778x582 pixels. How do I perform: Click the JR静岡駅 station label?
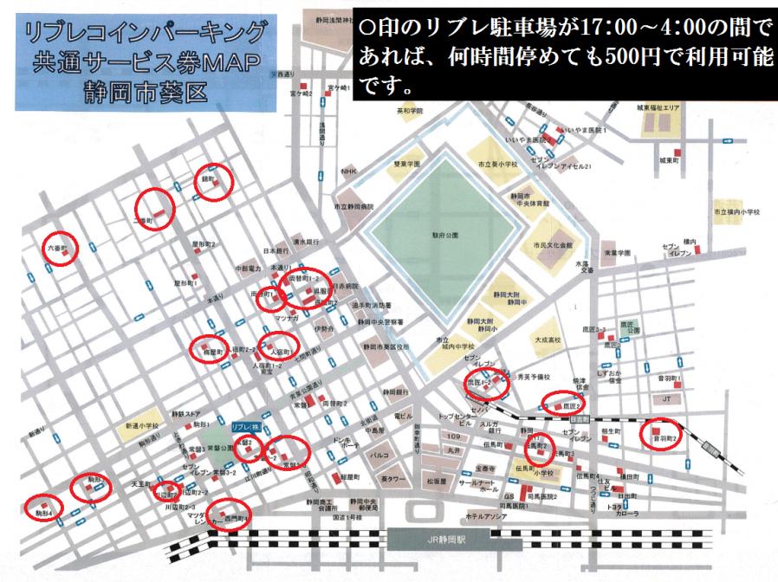(x=446, y=538)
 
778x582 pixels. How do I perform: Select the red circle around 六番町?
(x=60, y=249)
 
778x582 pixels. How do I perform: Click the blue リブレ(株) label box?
(x=246, y=427)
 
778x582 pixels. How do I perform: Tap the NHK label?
(x=348, y=171)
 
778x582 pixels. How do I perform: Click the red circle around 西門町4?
(x=230, y=516)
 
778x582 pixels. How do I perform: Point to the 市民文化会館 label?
(x=554, y=245)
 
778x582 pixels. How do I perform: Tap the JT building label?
(x=666, y=399)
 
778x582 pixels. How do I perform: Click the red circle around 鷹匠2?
(x=564, y=404)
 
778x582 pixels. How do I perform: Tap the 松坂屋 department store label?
(x=435, y=480)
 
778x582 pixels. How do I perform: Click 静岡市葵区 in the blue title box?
(x=145, y=91)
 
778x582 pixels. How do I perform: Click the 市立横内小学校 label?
(x=736, y=211)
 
